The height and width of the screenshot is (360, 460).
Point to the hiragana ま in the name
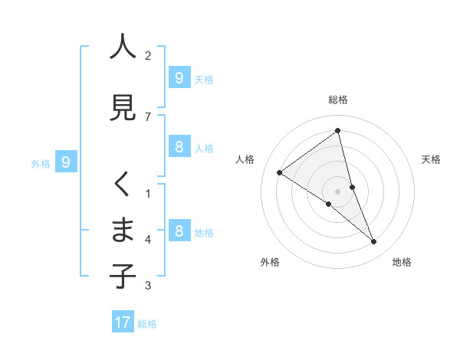pos(123,230)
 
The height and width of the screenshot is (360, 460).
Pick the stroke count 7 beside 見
pos(148,116)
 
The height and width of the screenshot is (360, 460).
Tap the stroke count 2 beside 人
pos(148,55)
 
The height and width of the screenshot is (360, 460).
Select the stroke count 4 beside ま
pos(148,239)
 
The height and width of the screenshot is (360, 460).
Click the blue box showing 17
pos(123,322)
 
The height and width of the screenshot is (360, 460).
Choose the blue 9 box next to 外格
pos(66,162)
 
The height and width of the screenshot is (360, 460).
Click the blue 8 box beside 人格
pos(179,148)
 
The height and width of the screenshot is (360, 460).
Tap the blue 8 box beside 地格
pos(179,231)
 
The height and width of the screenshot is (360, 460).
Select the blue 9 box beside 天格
pos(179,78)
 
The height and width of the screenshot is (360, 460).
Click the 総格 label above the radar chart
pos(338,100)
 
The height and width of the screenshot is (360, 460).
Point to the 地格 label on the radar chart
pos(402,262)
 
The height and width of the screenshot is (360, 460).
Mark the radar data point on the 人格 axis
pos(280,172)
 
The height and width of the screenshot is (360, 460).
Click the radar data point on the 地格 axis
pos(374,242)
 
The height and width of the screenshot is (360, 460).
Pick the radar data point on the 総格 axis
pos(338,131)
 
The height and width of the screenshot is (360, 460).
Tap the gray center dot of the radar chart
pos(338,191)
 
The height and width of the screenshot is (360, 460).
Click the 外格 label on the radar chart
pos(270,262)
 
